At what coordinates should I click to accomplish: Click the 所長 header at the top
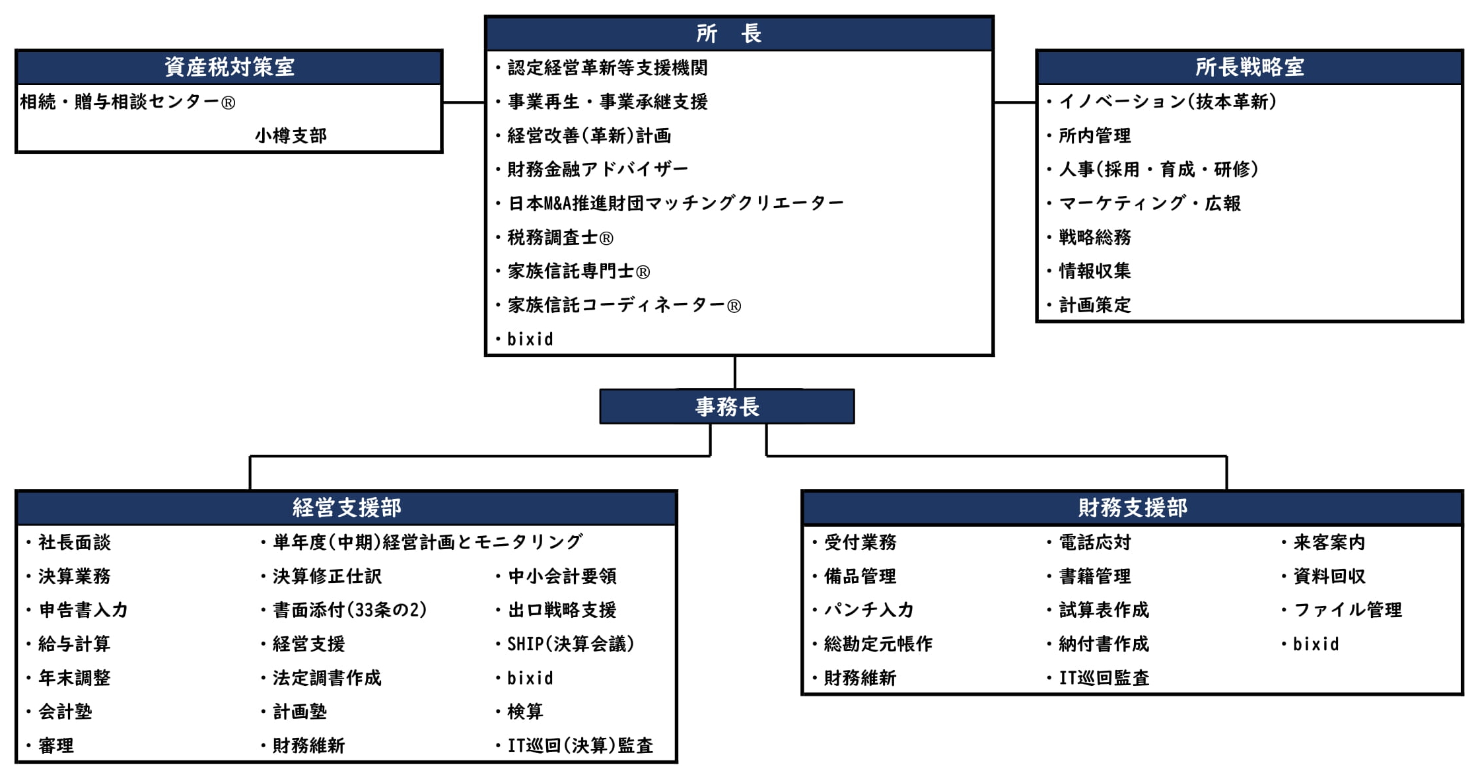[739, 34]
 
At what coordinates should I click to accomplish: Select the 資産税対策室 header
[228, 67]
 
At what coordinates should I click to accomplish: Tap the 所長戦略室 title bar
[1249, 67]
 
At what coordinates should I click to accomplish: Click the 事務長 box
[727, 407]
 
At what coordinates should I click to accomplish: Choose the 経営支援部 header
[347, 508]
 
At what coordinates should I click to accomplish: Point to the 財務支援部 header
[1133, 508]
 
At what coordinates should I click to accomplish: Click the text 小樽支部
[291, 136]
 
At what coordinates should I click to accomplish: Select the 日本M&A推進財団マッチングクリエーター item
[676, 203]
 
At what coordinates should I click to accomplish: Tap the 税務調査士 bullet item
[561, 238]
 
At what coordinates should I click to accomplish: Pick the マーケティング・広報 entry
[1150, 203]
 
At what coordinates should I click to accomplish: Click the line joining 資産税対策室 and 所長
[464, 102]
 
